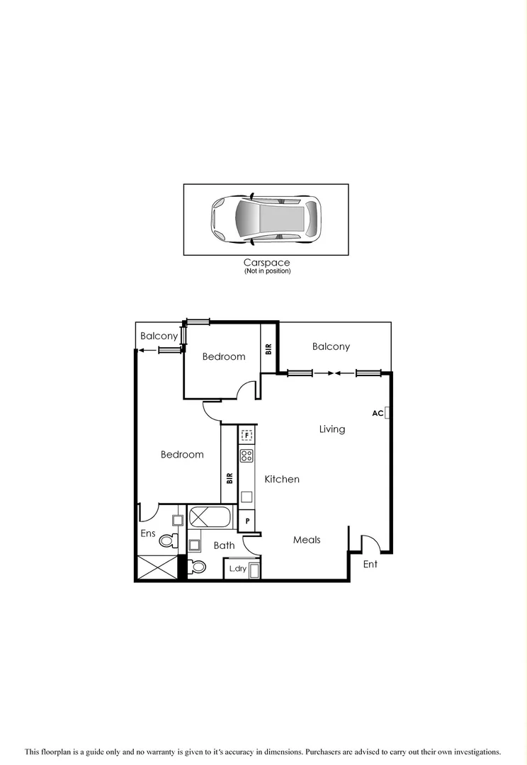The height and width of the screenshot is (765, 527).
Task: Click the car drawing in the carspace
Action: pyautogui.click(x=266, y=218)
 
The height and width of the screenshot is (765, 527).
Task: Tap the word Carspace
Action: pyautogui.click(x=266, y=263)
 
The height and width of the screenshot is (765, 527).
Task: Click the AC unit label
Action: pyautogui.click(x=378, y=413)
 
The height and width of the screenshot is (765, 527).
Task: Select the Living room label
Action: pyautogui.click(x=331, y=429)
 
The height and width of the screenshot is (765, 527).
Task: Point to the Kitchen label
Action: pyautogui.click(x=282, y=480)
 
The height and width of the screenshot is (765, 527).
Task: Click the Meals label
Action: pyautogui.click(x=307, y=540)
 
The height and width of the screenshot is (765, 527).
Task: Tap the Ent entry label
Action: pyautogui.click(x=370, y=565)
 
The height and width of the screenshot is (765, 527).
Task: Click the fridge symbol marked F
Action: pyautogui.click(x=246, y=436)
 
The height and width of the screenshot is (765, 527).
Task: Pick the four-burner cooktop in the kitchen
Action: pyautogui.click(x=246, y=455)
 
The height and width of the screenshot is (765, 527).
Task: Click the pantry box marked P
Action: pyautogui.click(x=246, y=521)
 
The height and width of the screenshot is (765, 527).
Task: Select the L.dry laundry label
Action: pyautogui.click(x=236, y=569)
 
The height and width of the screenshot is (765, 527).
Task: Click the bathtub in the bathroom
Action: pyautogui.click(x=210, y=516)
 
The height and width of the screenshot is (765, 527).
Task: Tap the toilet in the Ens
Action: pyautogui.click(x=168, y=541)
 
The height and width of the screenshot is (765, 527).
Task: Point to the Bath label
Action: pyautogui.click(x=224, y=545)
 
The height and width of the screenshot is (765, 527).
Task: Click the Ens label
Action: pyautogui.click(x=147, y=533)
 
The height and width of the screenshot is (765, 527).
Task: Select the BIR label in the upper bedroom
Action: pyautogui.click(x=268, y=348)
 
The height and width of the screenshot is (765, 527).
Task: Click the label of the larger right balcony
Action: pyautogui.click(x=331, y=347)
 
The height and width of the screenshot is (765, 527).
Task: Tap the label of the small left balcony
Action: pyautogui.click(x=158, y=336)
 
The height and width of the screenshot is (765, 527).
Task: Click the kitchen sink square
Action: pyautogui.click(x=246, y=497)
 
